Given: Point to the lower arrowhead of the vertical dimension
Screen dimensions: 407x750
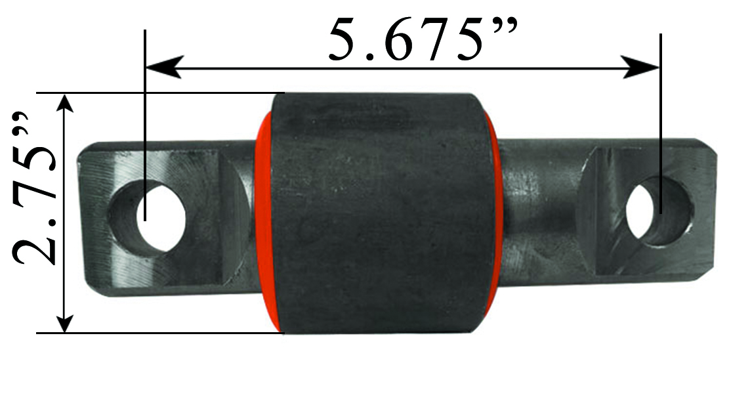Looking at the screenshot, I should click(x=64, y=321).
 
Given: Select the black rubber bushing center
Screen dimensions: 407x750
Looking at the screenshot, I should click(x=384, y=213).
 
